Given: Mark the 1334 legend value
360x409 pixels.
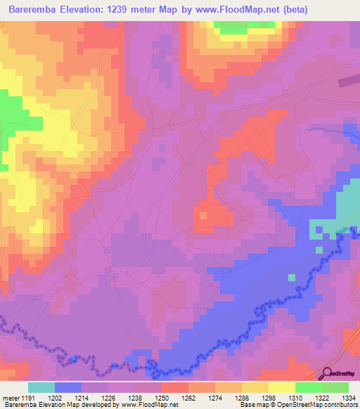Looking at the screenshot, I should [x=349, y=397].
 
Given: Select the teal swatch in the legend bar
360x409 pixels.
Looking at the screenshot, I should [x=41, y=387].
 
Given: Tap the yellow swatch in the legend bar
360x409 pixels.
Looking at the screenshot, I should [x=281, y=387].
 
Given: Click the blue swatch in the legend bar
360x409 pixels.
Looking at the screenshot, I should [x=68, y=387].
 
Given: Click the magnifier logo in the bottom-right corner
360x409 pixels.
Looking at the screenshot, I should [x=328, y=374].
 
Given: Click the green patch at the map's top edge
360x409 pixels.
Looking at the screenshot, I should [x=238, y=27].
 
